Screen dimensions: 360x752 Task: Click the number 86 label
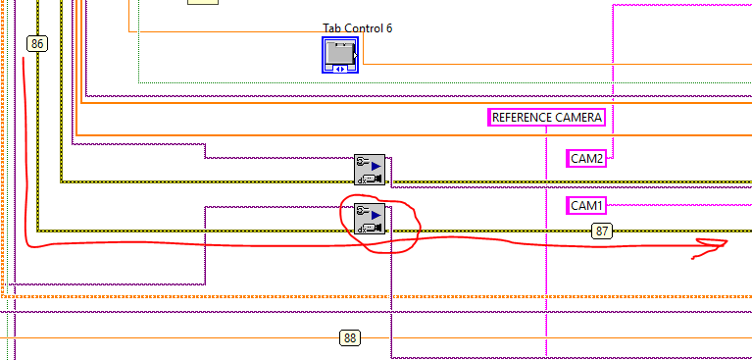(x=37, y=43)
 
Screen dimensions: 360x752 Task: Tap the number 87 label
(x=602, y=231)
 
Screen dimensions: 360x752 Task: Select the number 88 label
(x=351, y=338)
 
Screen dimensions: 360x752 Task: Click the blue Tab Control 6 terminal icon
(x=340, y=55)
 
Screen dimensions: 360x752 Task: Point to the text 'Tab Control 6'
(x=357, y=27)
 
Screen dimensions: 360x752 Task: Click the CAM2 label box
(x=586, y=158)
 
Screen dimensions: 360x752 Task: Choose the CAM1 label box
(x=586, y=206)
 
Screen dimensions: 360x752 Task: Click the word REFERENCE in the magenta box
(x=523, y=118)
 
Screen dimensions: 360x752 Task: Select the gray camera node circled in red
(x=370, y=219)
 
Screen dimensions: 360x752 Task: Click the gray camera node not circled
(x=370, y=170)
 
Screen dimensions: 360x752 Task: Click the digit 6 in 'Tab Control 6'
(x=388, y=27)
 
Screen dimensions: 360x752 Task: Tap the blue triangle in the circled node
(x=376, y=213)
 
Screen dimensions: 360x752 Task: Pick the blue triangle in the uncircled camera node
(x=376, y=164)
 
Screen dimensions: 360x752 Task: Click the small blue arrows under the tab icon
(x=340, y=69)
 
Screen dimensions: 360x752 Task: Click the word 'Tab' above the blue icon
(x=331, y=27)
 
